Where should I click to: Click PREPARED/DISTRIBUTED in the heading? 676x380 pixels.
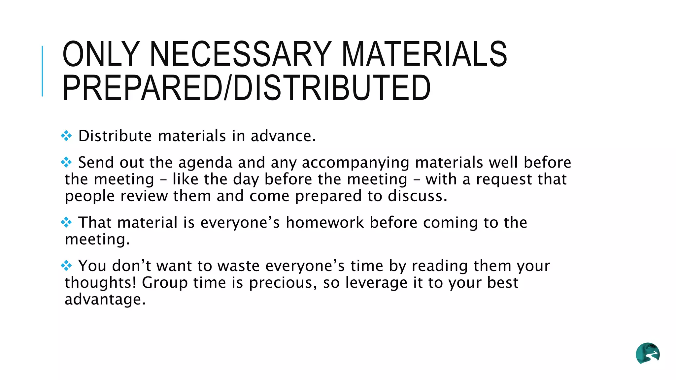coord(246,88)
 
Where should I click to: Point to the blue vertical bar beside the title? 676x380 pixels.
coord(42,71)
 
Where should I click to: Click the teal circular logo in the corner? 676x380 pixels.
coord(648,353)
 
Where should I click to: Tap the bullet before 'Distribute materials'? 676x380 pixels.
coord(66,136)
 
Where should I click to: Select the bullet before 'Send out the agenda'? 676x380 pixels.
coord(66,162)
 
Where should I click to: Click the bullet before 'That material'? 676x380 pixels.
coord(66,222)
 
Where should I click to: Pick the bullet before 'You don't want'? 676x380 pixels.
coord(66,265)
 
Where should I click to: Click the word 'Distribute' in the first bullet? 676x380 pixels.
coord(115,136)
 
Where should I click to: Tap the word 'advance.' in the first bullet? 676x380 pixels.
coord(283,136)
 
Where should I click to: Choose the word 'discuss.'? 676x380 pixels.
coord(418,196)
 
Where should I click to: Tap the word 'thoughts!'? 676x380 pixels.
coord(100,283)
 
